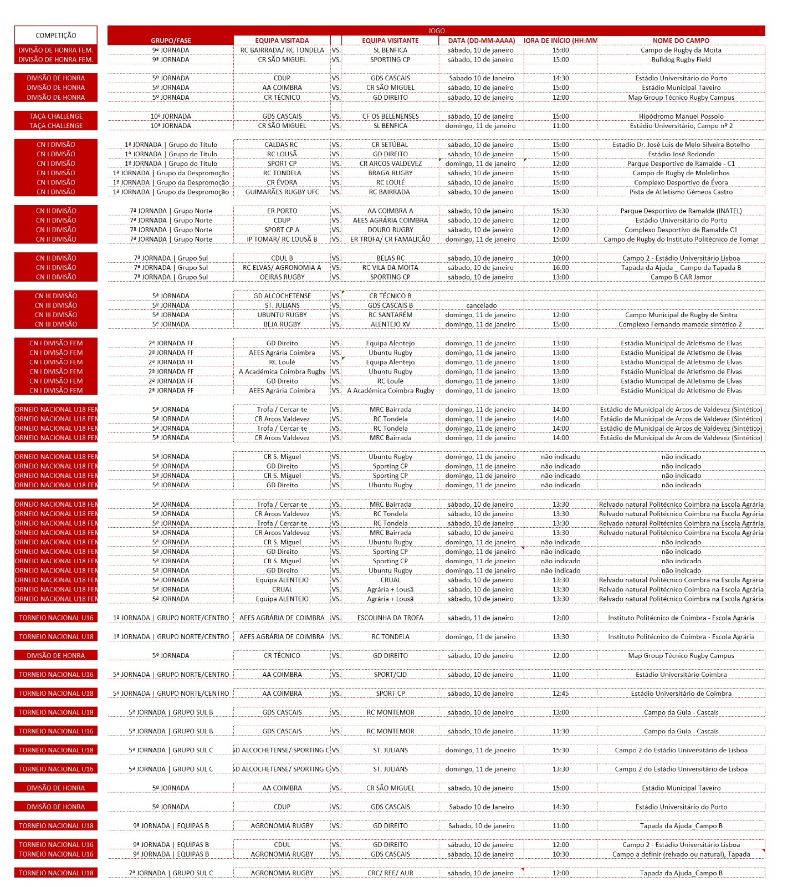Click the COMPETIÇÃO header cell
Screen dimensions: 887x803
pos(55,35)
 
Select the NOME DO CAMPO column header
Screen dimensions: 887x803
pos(681,40)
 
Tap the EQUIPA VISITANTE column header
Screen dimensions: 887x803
pos(390,40)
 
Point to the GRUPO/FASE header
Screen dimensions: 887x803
pos(171,40)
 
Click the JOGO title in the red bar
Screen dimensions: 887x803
pos(436,31)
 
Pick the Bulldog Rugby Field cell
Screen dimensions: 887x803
pos(681,59)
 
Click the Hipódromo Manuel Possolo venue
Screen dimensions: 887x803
pos(681,116)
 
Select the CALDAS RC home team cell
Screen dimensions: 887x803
pos(282,145)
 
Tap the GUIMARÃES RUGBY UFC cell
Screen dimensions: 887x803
pos(282,192)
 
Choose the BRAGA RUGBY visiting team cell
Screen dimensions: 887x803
pos(390,173)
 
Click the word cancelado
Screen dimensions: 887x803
pos(481,305)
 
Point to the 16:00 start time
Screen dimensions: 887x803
pos(560,268)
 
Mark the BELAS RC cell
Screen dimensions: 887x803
pos(390,258)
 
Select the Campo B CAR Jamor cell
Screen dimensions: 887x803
pos(681,277)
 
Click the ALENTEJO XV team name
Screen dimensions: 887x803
pos(390,324)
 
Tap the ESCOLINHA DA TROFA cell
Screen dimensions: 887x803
pos(390,618)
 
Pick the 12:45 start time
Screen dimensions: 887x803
pos(560,694)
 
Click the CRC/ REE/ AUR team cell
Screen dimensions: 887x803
pos(390,873)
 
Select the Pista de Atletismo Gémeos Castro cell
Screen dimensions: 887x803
pos(681,192)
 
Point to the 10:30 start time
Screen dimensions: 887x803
pos(560,854)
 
